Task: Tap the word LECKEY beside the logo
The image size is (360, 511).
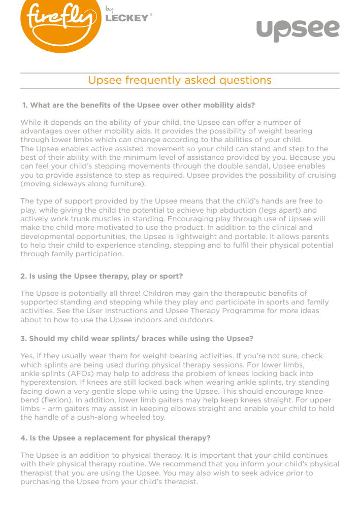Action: click(127, 18)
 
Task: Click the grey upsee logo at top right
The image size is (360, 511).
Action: click(298, 29)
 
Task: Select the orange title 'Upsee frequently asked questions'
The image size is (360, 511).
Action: click(180, 80)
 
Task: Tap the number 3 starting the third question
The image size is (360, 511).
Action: click(23, 338)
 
